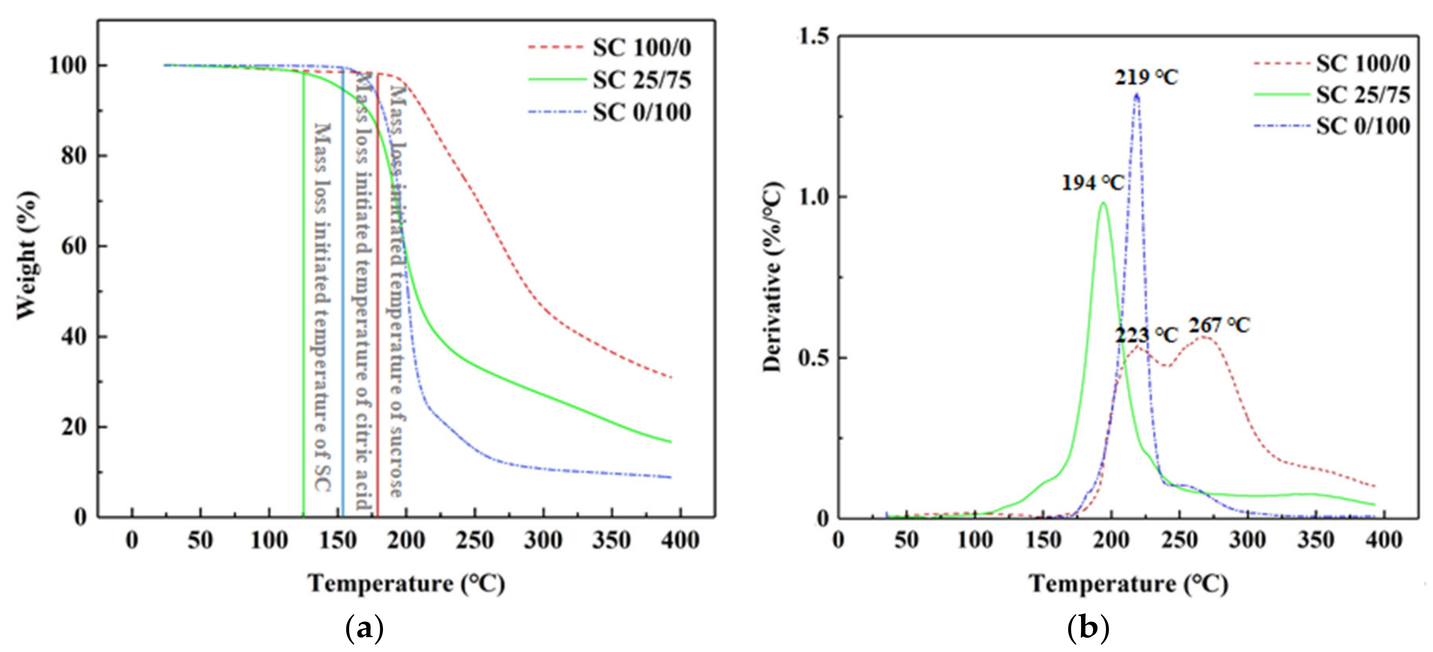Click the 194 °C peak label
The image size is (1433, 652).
[x=1092, y=183]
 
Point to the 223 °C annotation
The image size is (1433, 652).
[x=1146, y=335]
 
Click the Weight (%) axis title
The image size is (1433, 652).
[x=27, y=256]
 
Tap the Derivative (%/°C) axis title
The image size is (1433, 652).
[x=772, y=277]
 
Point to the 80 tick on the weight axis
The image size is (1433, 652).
[x=74, y=156]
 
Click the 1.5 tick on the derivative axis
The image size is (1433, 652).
[x=813, y=37]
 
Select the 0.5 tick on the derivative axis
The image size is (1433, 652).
[x=813, y=358]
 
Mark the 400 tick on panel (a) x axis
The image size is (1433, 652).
[x=680, y=540]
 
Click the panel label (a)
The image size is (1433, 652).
[x=365, y=629]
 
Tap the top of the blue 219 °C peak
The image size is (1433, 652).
[x=1136, y=95]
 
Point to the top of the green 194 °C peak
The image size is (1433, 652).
[x=1103, y=203]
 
